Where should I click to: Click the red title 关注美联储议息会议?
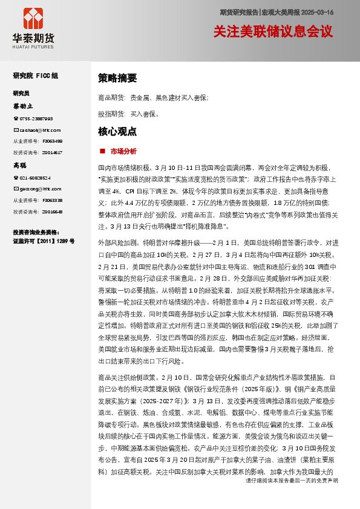(x=273, y=31)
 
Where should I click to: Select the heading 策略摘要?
(x=117, y=78)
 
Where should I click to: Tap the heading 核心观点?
(x=117, y=131)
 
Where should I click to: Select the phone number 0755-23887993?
(x=36, y=118)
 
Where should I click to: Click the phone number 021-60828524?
(x=36, y=178)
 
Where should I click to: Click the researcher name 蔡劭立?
(x=22, y=106)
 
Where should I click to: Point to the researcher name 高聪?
(x=20, y=165)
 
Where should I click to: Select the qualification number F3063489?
(x=52, y=141)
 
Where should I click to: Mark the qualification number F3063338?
(x=52, y=200)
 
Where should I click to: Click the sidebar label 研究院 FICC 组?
(x=36, y=76)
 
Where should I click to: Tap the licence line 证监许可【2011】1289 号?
(x=44, y=241)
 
